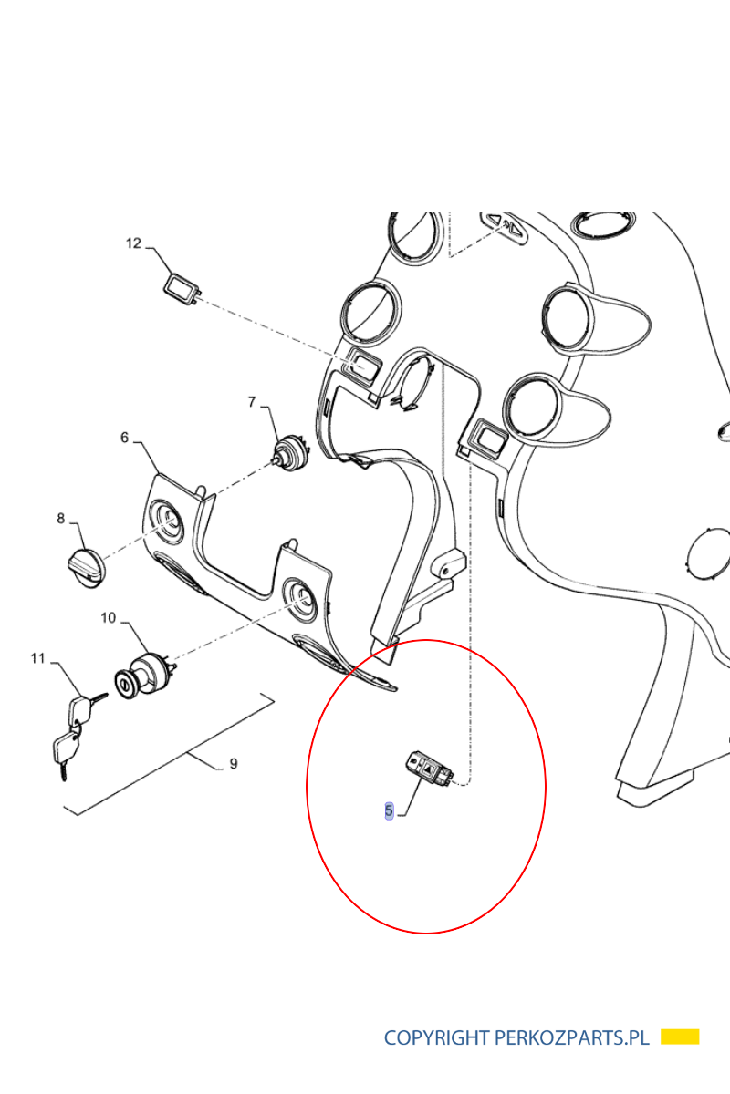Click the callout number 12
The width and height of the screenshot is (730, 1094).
[x=133, y=243]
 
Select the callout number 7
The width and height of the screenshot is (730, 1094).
[x=252, y=401]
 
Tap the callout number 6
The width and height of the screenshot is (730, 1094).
[x=125, y=437]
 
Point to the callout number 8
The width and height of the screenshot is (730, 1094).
[x=60, y=518]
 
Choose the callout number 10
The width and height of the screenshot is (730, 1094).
[x=108, y=618]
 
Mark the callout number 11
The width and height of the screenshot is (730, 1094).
[x=37, y=658]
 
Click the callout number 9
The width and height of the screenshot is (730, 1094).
[x=234, y=763]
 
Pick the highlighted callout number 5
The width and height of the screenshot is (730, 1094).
[x=389, y=811]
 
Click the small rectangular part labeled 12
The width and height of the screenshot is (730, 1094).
[x=182, y=290]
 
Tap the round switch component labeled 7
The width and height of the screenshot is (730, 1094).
[x=290, y=453]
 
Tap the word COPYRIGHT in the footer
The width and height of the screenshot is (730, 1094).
[x=436, y=1037]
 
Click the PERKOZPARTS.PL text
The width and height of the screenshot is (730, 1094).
[x=572, y=1037]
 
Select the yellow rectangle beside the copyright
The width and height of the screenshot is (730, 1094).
[x=680, y=1037]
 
